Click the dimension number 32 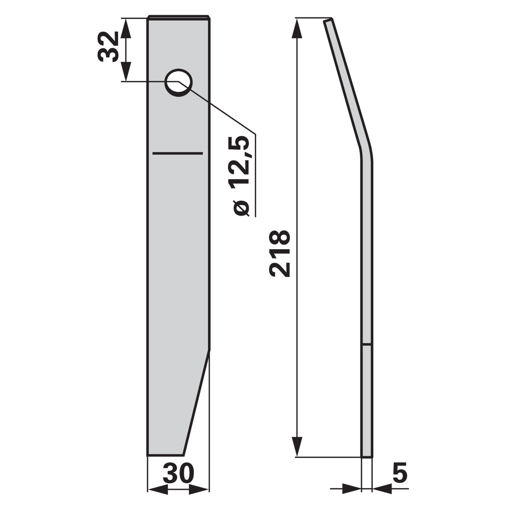108,46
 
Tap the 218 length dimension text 280,254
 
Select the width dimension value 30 178,473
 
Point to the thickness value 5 400,473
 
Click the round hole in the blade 178,82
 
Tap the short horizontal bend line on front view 177,153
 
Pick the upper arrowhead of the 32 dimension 126,28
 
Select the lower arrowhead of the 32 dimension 126,72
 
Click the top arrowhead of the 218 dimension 297,28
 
